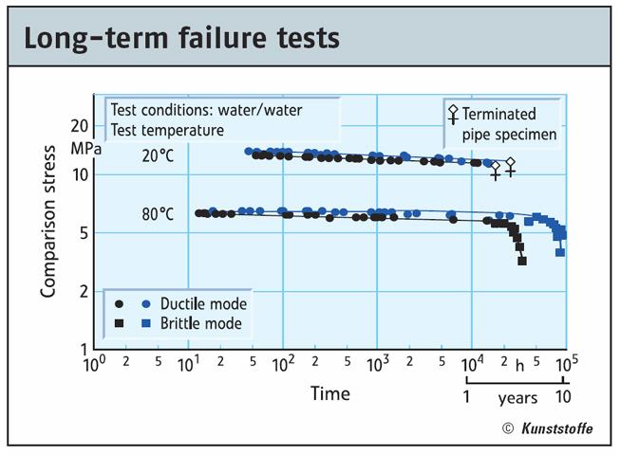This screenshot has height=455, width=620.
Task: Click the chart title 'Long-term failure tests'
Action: click(181, 40)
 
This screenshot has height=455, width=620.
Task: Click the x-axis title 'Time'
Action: click(329, 393)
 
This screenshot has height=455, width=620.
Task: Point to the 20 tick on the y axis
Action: click(80, 126)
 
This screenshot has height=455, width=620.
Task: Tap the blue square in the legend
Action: click(145, 323)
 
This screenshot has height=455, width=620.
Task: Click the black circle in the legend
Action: click(120, 304)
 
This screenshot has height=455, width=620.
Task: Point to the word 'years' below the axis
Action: click(518, 397)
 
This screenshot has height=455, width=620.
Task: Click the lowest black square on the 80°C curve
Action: click(522, 261)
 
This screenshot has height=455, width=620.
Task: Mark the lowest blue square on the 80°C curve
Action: click(560, 252)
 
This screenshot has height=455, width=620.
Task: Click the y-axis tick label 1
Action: click(85, 350)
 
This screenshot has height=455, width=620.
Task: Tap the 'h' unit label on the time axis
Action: click(519, 365)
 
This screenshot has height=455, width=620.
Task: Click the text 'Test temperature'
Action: click(167, 130)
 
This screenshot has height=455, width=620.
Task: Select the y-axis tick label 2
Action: click(85, 291)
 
